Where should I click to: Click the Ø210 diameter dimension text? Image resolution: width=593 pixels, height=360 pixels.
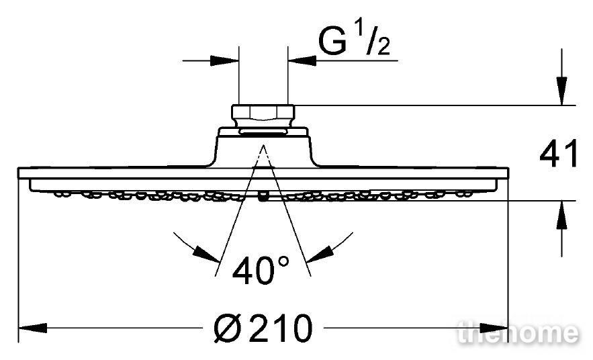click(x=263, y=328)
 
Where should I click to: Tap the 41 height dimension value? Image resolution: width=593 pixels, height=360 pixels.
click(x=559, y=153)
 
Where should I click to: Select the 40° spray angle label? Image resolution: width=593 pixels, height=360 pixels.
click(x=261, y=270)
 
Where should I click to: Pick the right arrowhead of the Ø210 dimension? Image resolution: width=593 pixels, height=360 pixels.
click(x=494, y=328)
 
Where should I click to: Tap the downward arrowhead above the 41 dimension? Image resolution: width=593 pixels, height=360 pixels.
click(x=561, y=91)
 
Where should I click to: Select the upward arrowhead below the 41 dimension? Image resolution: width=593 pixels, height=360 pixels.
click(x=561, y=214)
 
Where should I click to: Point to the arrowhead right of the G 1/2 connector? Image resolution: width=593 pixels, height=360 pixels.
click(x=302, y=60)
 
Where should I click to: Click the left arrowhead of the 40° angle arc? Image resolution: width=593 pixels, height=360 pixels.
click(x=206, y=254)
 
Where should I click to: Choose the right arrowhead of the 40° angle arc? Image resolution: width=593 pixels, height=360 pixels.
click(x=320, y=254)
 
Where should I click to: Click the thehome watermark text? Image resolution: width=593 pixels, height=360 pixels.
click(x=517, y=332)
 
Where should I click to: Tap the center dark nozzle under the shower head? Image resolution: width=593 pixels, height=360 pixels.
click(x=263, y=197)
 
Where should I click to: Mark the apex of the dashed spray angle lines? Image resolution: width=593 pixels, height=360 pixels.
click(x=263, y=145)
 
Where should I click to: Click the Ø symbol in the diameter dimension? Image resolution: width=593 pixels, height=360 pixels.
click(x=227, y=328)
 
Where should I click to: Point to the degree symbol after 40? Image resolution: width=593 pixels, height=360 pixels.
click(x=283, y=261)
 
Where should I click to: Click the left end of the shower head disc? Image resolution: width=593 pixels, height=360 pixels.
click(x=19, y=173)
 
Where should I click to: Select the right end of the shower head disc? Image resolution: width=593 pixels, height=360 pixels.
click(x=508, y=173)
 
